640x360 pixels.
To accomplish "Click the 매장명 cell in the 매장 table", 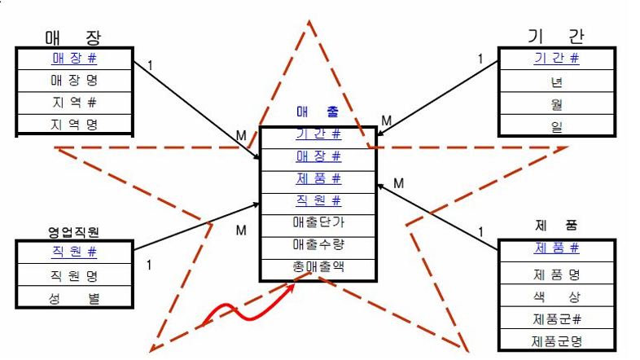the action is click(74, 81).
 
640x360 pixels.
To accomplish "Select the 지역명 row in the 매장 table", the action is click(74, 125).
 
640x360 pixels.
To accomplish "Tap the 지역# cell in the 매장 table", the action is click(74, 103).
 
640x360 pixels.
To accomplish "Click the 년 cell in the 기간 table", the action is click(556, 81).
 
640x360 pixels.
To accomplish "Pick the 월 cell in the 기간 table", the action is click(556, 103).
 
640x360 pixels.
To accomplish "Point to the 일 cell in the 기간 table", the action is click(556, 125).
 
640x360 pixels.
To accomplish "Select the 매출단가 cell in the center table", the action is click(318, 222).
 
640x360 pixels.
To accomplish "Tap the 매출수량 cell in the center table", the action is click(318, 244).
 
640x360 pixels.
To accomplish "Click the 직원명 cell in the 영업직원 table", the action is click(74, 275).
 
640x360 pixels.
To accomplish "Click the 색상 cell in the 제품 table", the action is click(556, 297).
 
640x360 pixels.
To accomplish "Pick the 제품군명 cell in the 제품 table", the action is click(556, 341).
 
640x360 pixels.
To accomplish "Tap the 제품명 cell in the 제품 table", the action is click(556, 275).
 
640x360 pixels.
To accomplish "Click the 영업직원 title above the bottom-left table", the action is click(73, 232).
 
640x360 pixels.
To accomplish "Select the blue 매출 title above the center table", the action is click(318, 113).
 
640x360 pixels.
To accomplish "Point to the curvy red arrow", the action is click(237, 310).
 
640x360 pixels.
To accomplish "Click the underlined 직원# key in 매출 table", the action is click(318, 200).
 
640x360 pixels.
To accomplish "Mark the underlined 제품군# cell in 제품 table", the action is click(556, 319).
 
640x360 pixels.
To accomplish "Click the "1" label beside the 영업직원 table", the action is click(149, 265).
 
